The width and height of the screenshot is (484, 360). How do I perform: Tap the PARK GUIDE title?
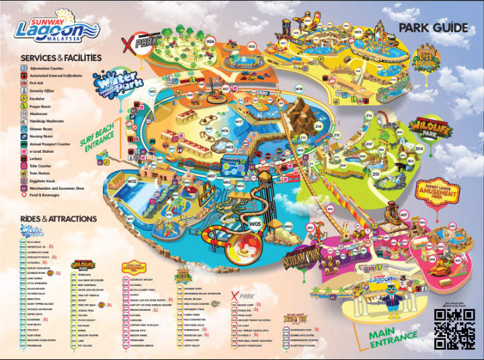(x=433, y=28)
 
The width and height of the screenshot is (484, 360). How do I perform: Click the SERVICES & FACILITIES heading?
(x=61, y=58)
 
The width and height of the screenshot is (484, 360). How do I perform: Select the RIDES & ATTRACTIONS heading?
(x=58, y=219)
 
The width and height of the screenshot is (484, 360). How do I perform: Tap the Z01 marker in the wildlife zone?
(x=376, y=174)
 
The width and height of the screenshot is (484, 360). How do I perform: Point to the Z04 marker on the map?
(x=419, y=147)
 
